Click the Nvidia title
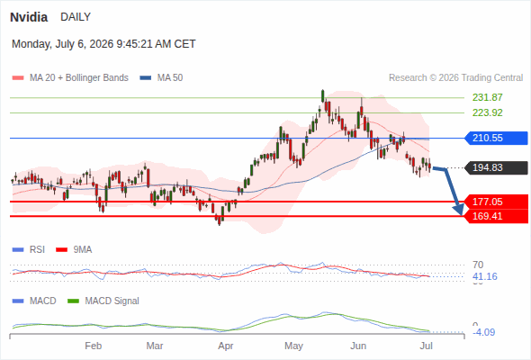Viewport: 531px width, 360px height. [x=29, y=17]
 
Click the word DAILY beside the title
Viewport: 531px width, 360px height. [x=76, y=17]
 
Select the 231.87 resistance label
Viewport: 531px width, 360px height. [x=487, y=97]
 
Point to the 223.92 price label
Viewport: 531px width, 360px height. [x=487, y=112]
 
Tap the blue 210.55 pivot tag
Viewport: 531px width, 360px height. [x=496, y=139]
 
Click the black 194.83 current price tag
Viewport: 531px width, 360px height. [x=496, y=167]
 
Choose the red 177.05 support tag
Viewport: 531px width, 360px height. [x=496, y=202]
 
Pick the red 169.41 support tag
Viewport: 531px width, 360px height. [x=496, y=216]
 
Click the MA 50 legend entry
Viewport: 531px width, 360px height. [x=161, y=78]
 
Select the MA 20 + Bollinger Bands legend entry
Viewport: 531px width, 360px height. [x=70, y=78]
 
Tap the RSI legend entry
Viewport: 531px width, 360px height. [x=29, y=250]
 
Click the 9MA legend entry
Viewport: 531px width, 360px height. [x=74, y=250]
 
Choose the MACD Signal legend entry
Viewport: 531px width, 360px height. [x=103, y=301]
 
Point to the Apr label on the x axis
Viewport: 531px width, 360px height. [x=226, y=346]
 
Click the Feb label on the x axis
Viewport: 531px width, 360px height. [x=93, y=346]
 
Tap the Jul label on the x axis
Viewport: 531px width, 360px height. [x=426, y=346]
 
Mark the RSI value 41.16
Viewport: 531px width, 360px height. [x=485, y=276]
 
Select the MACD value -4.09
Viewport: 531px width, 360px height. [x=485, y=332]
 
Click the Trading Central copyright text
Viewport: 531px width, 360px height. [x=455, y=78]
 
